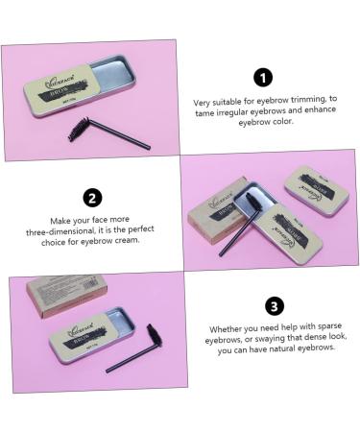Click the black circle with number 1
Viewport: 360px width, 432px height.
click(x=263, y=77)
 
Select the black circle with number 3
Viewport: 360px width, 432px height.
click(x=275, y=306)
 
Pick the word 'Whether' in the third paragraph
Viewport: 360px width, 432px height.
click(x=222, y=329)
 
